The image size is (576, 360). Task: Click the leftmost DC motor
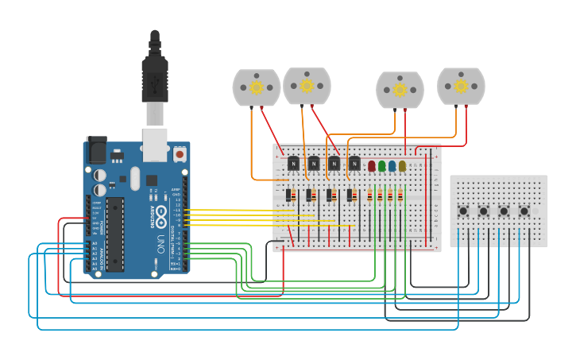[x=256, y=87]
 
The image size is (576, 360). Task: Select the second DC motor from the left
[x=307, y=86]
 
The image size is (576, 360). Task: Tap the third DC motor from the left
[x=400, y=90]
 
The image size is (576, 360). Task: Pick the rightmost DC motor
[x=461, y=86]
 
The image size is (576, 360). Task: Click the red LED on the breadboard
[x=372, y=166]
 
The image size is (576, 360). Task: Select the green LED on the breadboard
[x=382, y=166]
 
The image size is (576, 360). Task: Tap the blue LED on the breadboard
[x=392, y=166]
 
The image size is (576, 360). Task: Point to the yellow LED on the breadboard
[x=403, y=166]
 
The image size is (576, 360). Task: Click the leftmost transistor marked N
[x=293, y=164]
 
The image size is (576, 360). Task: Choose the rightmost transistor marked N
[x=354, y=164]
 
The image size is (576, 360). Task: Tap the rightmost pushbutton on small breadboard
[x=524, y=211]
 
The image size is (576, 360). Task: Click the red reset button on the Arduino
[x=180, y=153]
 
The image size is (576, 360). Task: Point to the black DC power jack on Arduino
[x=95, y=149]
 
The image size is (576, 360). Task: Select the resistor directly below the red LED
[x=371, y=195]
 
